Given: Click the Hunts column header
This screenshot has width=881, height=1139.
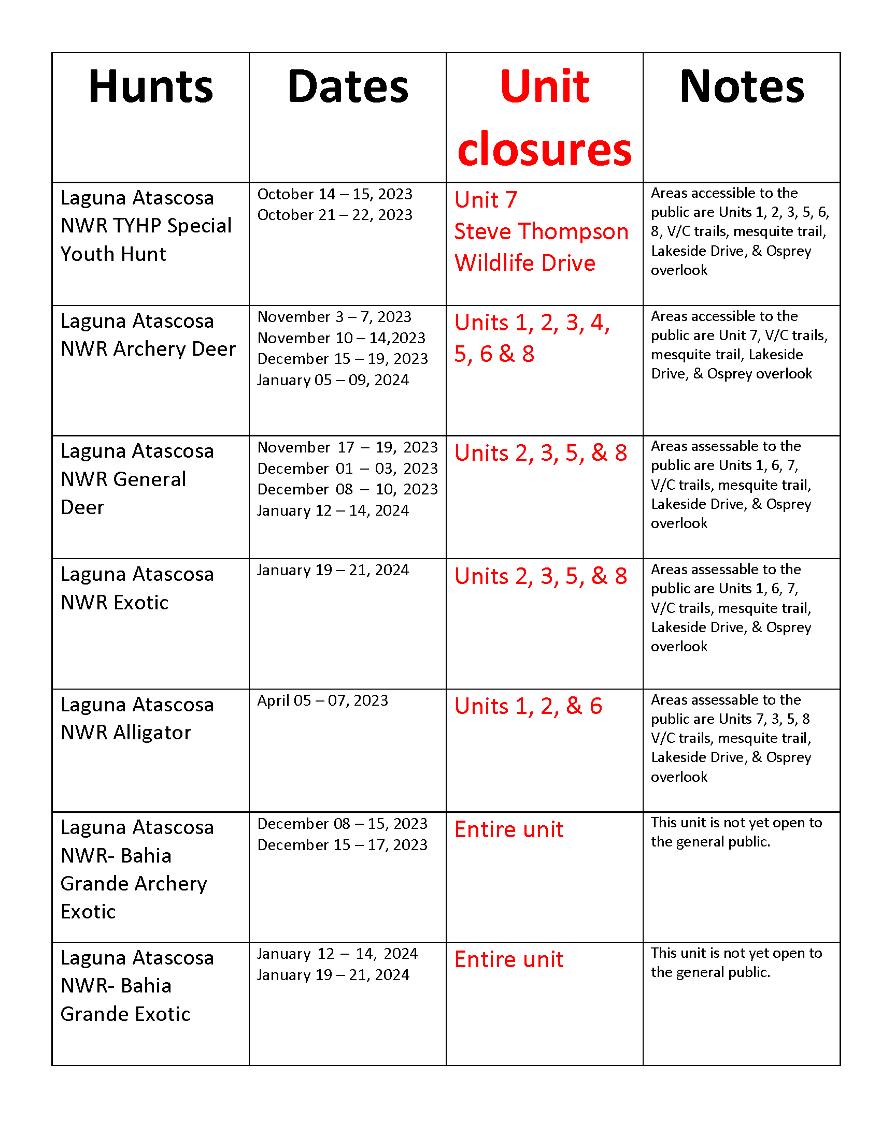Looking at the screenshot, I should click(x=151, y=86).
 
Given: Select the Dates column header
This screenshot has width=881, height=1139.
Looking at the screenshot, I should click(x=348, y=86).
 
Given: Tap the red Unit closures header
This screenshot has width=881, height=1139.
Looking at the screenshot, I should click(x=544, y=118).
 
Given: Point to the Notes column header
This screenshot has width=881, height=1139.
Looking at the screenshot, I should click(x=742, y=86).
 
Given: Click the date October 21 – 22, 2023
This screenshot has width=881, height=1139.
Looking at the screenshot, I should click(x=335, y=215).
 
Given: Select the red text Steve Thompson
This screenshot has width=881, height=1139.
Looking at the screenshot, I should click(x=541, y=231).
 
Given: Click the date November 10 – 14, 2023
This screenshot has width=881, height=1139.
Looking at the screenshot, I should click(x=342, y=338).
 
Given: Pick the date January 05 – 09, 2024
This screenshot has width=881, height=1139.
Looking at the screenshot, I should click(x=333, y=380).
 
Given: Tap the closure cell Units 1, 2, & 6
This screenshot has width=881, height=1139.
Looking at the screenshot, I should click(x=528, y=706).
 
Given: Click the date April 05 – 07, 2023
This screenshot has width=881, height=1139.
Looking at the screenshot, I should click(x=322, y=700).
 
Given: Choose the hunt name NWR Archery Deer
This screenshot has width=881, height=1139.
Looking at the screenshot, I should click(x=148, y=349).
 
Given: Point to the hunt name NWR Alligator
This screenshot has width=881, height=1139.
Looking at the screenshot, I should click(x=126, y=733).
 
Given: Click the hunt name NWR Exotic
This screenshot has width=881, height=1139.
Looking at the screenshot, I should click(x=115, y=603).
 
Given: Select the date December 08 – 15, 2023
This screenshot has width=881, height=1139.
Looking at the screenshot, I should click(x=343, y=824).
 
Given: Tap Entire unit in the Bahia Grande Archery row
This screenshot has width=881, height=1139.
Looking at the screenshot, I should click(x=509, y=829).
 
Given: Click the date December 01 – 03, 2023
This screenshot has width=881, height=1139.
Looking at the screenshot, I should click(x=348, y=469).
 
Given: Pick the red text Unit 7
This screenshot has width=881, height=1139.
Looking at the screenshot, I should click(x=486, y=200).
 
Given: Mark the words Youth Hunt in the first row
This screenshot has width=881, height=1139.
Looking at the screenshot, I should click(x=113, y=254).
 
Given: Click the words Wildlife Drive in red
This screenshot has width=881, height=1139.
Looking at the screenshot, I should click(x=524, y=263).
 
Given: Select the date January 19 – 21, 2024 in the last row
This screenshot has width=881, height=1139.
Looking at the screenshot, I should click(x=333, y=975).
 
